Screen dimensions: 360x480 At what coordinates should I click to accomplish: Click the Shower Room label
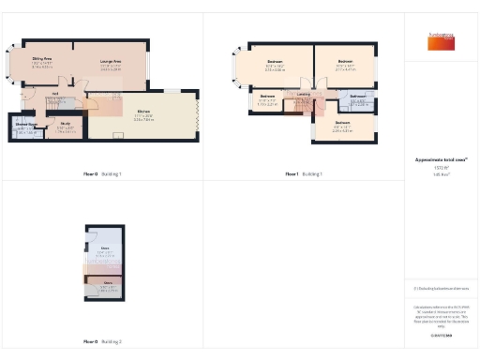tap(26, 124)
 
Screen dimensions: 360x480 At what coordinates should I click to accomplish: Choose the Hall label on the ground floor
tap(56, 94)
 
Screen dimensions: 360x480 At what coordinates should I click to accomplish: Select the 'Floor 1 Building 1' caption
tap(304, 174)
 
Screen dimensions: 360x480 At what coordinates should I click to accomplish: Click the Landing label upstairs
tap(305, 95)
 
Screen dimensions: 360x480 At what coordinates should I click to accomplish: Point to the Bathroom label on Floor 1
tap(357, 97)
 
